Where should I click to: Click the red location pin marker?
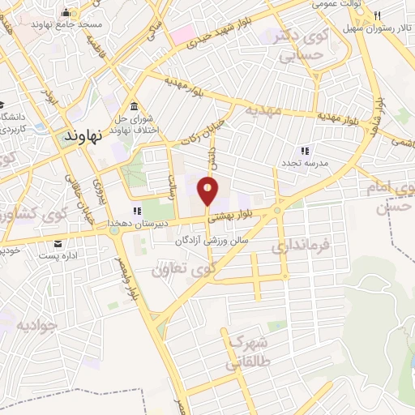tap(208, 192)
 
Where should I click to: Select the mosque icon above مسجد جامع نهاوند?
tap(66, 12)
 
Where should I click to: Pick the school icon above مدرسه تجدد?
tap(305, 151)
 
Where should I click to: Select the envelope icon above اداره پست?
tap(58, 243)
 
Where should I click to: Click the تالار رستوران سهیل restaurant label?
tap(379, 27)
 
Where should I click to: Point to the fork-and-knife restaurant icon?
tap(377, 14)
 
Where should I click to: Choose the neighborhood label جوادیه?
tap(37, 325)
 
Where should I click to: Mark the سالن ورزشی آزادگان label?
tap(210, 242)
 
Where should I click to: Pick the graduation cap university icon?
tap(3, 106)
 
